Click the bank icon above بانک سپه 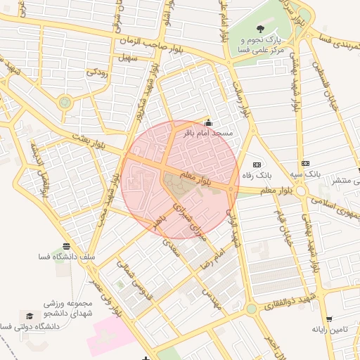pyautogui.click(x=305, y=162)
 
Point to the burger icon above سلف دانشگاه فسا pyautogui.click(x=66, y=247)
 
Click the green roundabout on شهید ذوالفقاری pyautogui.click(x=251, y=308)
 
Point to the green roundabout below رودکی pyautogui.click(x=65, y=103)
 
